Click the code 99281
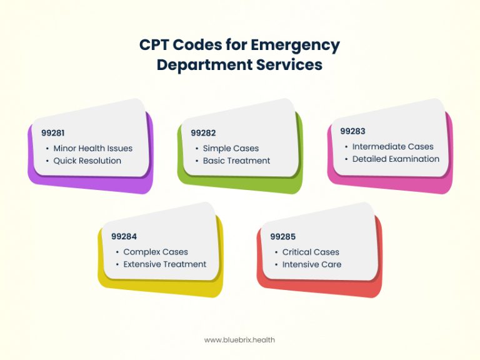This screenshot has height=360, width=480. point(53,133)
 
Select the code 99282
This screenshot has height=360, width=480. point(203,133)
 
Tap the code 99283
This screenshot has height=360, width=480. point(352,131)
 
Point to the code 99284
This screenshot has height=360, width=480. point(124,237)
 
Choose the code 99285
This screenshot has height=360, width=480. point(282,237)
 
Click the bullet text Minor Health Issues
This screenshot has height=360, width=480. point(92,149)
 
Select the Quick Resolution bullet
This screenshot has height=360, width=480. point(87,161)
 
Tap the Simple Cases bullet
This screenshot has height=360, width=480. point(231,149)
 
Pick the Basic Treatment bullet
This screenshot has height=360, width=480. point(236,161)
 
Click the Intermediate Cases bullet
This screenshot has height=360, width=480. point(392,147)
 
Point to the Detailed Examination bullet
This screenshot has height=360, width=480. point(396,159)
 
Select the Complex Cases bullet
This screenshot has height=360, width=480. point(156,252)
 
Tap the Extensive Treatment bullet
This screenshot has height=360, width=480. point(164,264)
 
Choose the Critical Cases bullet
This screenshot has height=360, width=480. point(311,252)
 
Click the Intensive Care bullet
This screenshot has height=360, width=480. point(312,264)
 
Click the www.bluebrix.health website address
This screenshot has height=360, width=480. point(239,340)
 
